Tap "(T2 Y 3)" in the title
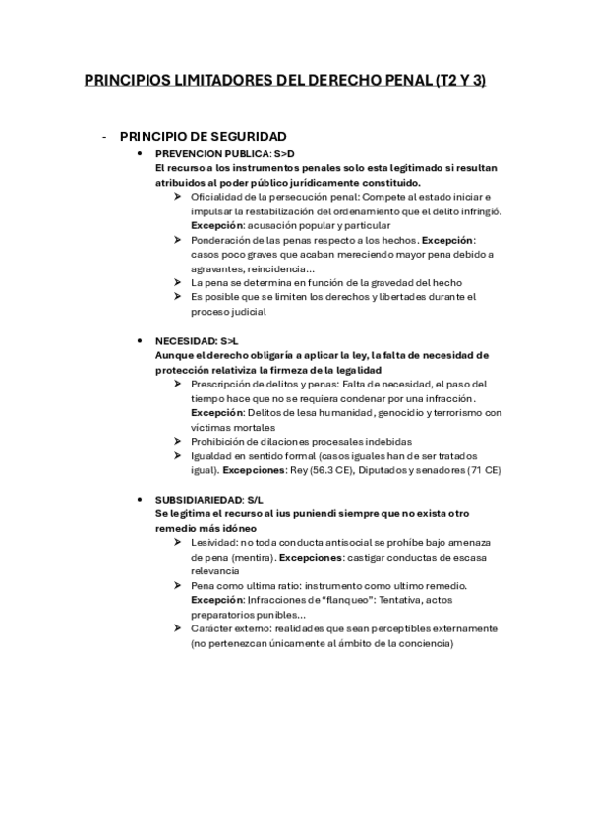(459, 81)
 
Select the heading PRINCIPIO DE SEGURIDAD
(203, 136)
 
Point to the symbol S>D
(282, 154)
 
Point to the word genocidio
(386, 412)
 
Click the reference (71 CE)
(481, 469)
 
